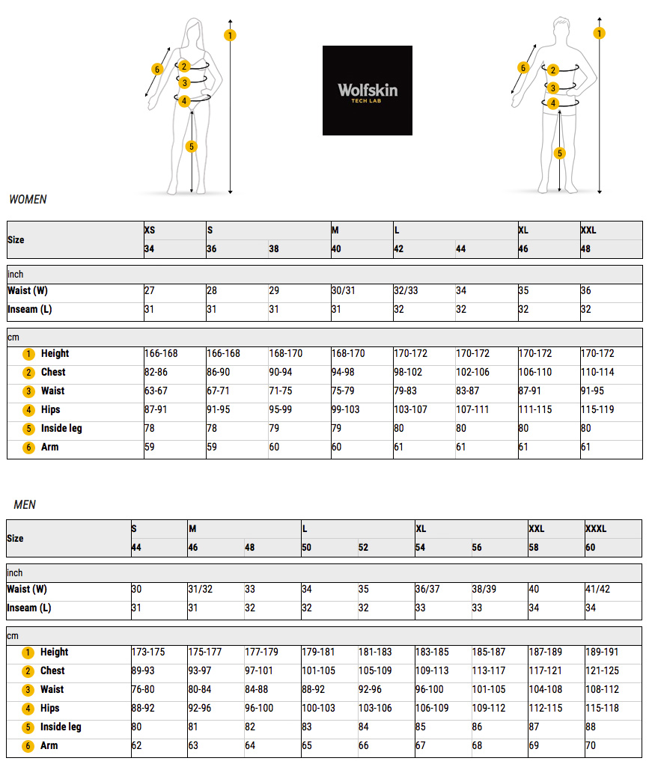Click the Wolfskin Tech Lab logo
367,91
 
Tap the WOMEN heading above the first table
28,200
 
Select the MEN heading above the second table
25,505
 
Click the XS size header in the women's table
150,230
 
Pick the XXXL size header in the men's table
596,529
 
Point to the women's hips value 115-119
597,409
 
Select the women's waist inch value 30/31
343,290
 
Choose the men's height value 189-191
602,652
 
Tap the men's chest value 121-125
602,670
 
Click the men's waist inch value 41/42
597,589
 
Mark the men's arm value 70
591,745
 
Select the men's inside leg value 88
591,727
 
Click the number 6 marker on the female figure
157,70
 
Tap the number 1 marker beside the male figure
600,33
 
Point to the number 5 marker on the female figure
192,146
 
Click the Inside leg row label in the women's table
61,428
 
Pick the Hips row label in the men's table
50,708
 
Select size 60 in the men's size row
591,548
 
